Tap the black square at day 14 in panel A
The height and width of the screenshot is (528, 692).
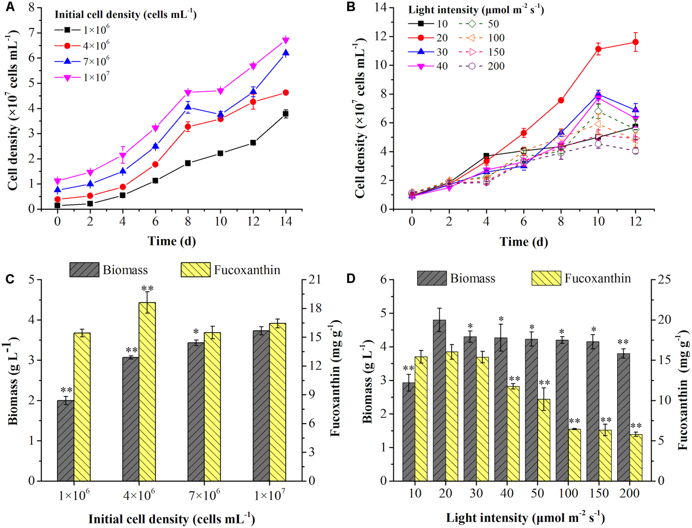coord(286,114)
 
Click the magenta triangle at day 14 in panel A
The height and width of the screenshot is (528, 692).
coord(286,40)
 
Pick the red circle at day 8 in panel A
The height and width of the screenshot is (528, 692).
coord(188,127)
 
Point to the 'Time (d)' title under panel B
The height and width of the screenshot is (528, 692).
coord(523,242)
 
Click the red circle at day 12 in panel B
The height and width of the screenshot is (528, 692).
coord(635,42)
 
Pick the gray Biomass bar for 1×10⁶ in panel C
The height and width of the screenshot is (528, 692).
coord(65,440)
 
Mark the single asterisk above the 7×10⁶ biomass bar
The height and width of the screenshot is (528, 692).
coord(196,332)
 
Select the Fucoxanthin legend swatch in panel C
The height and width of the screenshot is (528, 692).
coord(195,270)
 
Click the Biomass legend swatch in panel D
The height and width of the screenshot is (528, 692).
coord(432,278)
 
